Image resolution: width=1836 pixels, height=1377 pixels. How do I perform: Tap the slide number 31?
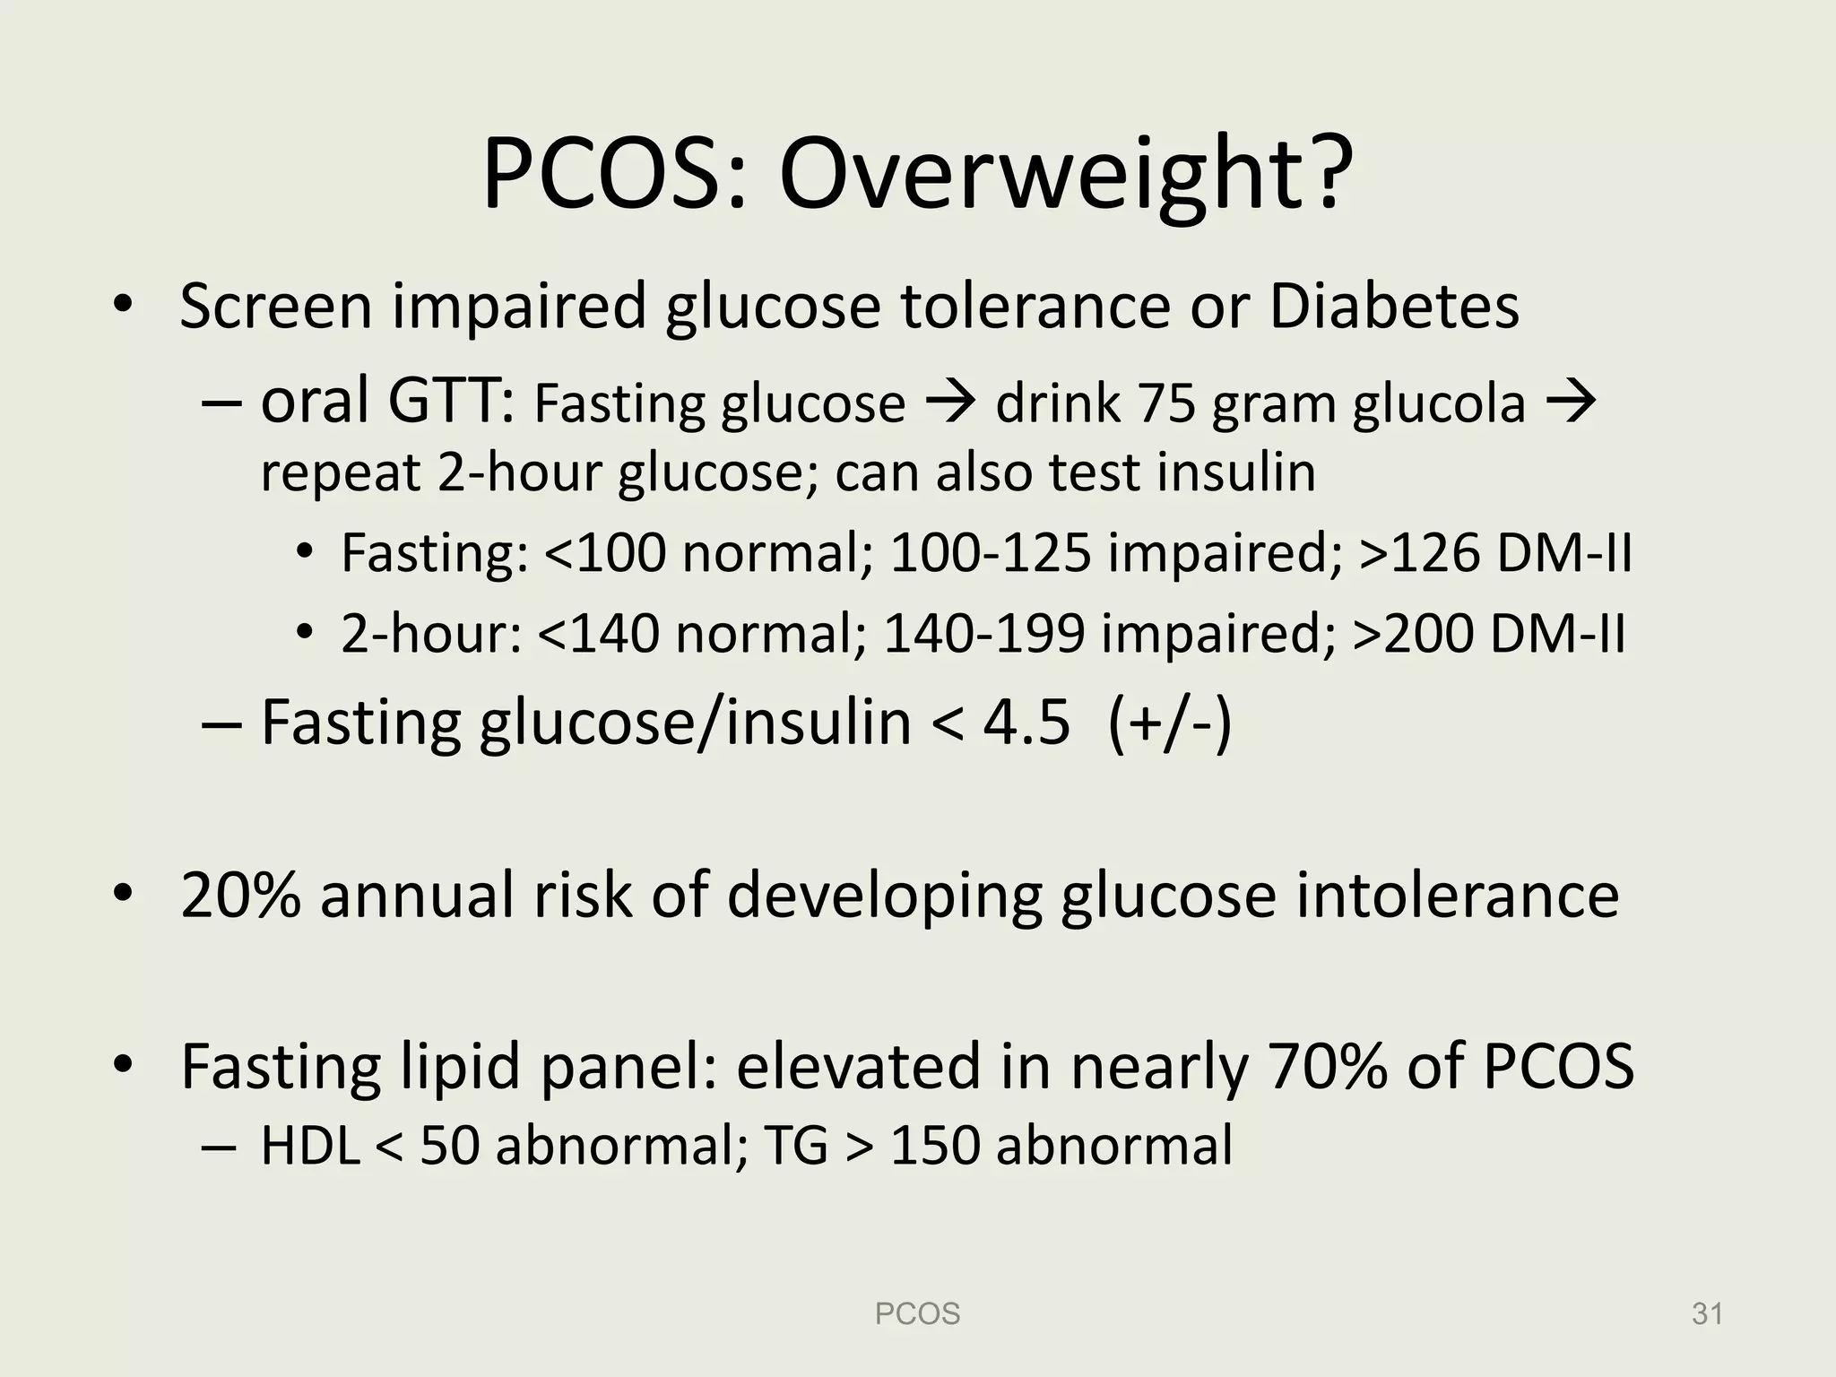1707,1314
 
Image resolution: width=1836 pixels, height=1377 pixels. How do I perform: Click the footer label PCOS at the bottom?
917,1314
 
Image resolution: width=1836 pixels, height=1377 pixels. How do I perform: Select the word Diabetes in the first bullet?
1394,306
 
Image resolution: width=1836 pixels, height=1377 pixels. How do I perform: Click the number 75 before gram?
1167,403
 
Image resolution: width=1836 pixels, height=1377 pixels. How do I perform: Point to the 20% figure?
240,895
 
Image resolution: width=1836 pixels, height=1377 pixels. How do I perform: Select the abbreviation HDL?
310,1146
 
